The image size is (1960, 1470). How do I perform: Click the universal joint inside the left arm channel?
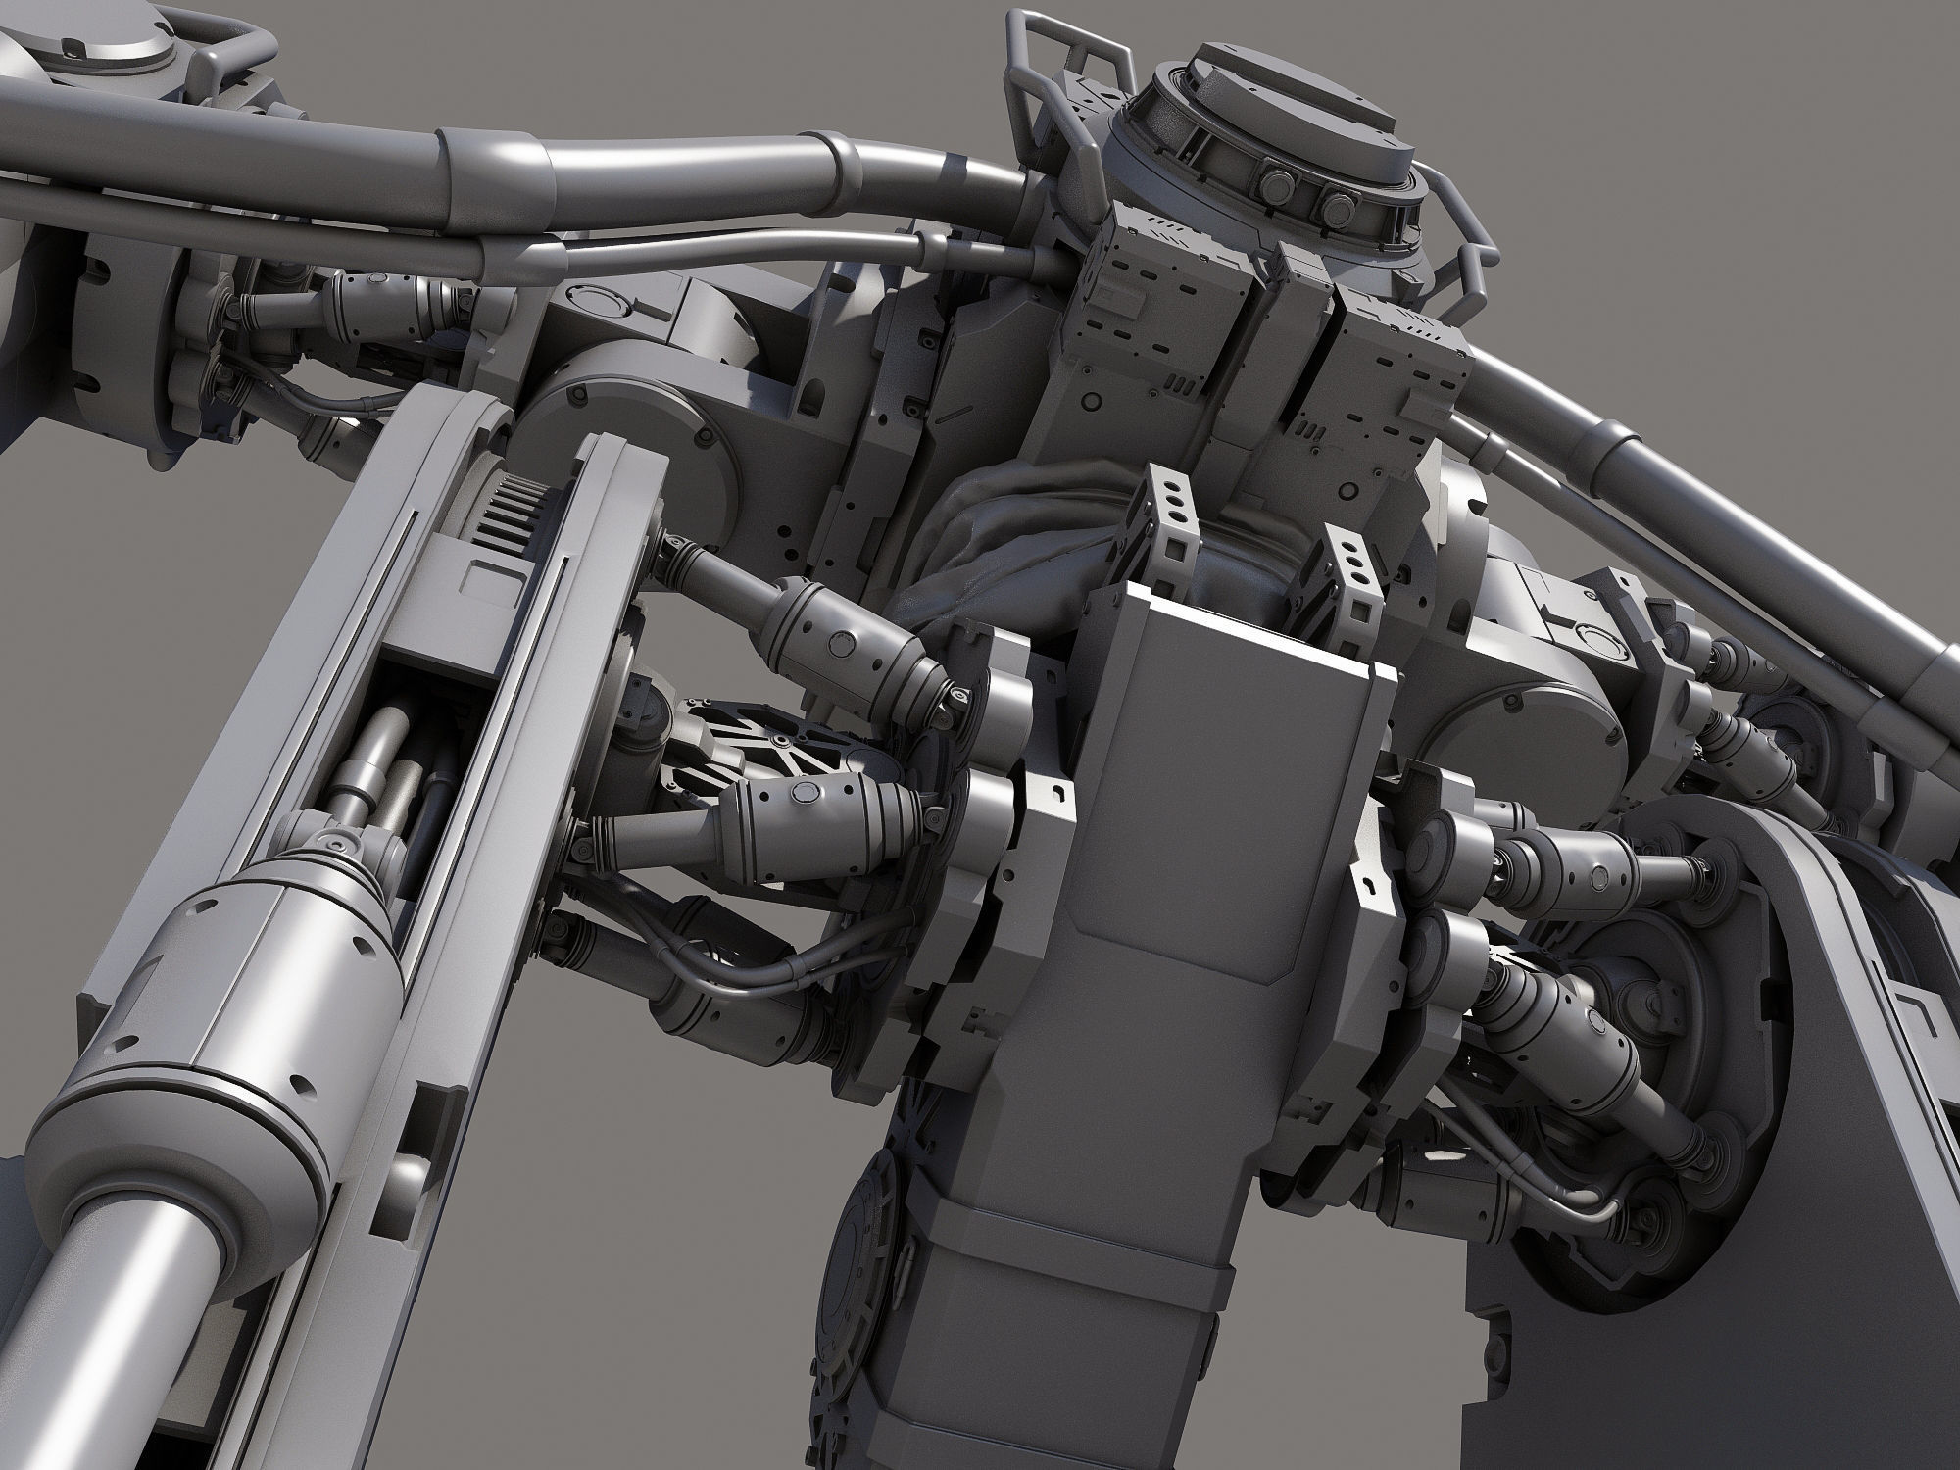(333, 843)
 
